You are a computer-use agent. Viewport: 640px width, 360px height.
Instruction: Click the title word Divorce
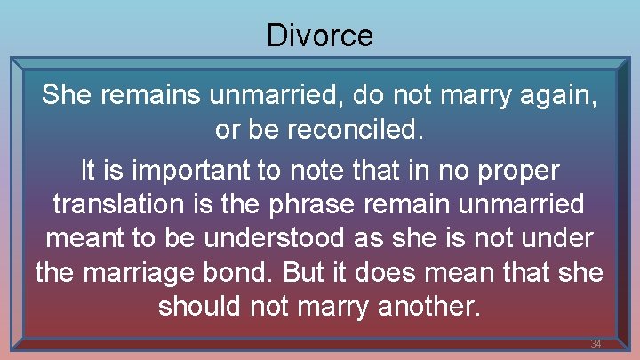pyautogui.click(x=319, y=36)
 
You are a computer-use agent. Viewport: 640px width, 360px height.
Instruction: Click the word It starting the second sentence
pyautogui.click(x=89, y=168)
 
